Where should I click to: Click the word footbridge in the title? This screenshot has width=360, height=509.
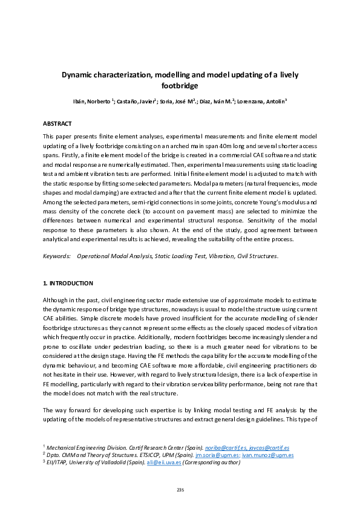(180, 86)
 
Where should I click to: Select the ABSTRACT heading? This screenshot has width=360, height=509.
(57, 123)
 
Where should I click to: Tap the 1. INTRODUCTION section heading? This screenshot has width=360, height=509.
(68, 283)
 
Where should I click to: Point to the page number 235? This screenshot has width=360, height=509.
(180, 490)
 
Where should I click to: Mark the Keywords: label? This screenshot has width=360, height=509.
(56, 256)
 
